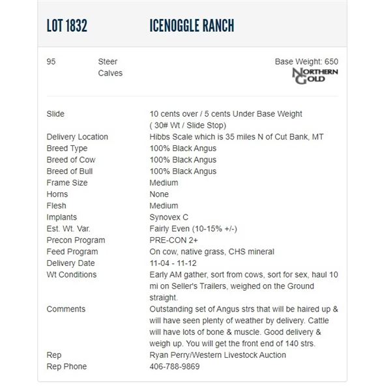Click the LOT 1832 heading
pyautogui.click(x=67, y=26)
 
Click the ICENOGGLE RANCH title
pyautogui.click(x=192, y=26)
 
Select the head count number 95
pyautogui.click(x=51, y=61)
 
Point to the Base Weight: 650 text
pyautogui.click(x=306, y=61)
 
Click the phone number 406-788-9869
pyautogui.click(x=175, y=367)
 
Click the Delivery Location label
pyautogui.click(x=78, y=138)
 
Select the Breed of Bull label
pyautogui.click(x=70, y=171)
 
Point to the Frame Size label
pyautogui.click(x=66, y=183)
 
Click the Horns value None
pyautogui.click(x=159, y=194)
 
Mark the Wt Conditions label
pyautogui.click(x=72, y=275)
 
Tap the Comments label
pyautogui.click(x=66, y=309)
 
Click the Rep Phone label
pyautogui.click(x=66, y=367)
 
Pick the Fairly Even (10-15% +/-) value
pyautogui.click(x=192, y=229)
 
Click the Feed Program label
pyautogui.click(x=72, y=252)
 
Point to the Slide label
pyautogui.click(x=55, y=114)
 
